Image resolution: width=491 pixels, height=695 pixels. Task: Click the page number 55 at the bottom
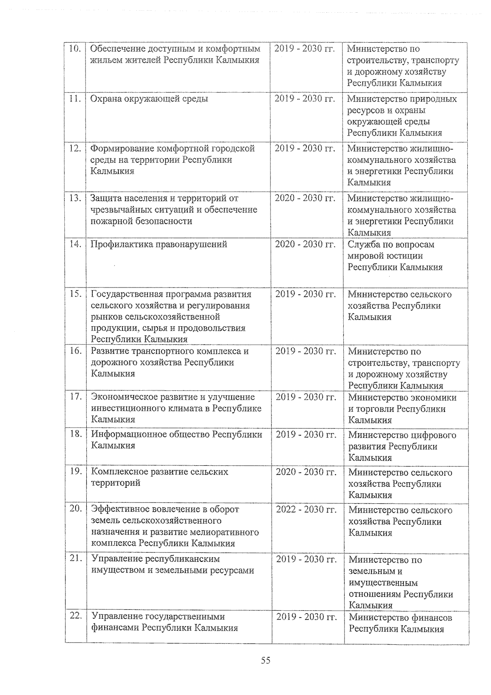[x=266, y=660]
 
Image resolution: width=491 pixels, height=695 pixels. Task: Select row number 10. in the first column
[x=74, y=49]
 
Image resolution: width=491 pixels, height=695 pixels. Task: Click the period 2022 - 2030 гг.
[x=306, y=509]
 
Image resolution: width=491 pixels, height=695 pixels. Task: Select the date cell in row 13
[x=305, y=198]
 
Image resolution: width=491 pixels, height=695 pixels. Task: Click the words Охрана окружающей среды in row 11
[x=149, y=99]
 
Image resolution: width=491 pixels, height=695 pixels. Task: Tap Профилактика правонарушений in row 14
[x=159, y=244]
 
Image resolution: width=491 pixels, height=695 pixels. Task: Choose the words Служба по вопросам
[x=391, y=244]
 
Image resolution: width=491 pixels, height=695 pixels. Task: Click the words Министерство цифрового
[x=402, y=435]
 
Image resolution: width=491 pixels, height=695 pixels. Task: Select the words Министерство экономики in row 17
[x=402, y=397]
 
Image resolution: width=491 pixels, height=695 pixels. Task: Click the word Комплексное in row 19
[x=115, y=471]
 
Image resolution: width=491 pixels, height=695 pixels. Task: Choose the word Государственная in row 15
[x=125, y=294]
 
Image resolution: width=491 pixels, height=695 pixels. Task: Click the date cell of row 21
[x=306, y=559]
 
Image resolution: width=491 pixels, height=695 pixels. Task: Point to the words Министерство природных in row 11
[x=402, y=99]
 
